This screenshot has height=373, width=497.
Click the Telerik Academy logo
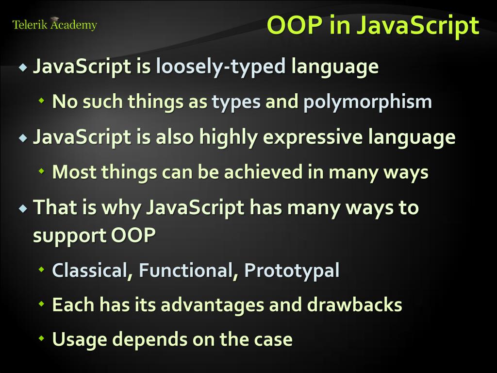pyautogui.click(x=54, y=24)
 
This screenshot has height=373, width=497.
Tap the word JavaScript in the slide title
pyautogui.click(x=417, y=26)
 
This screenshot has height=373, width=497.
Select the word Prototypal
pyautogui.click(x=292, y=271)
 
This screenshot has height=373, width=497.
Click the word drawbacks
pyautogui.click(x=354, y=305)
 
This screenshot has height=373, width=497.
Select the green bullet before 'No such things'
pyautogui.click(x=42, y=102)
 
